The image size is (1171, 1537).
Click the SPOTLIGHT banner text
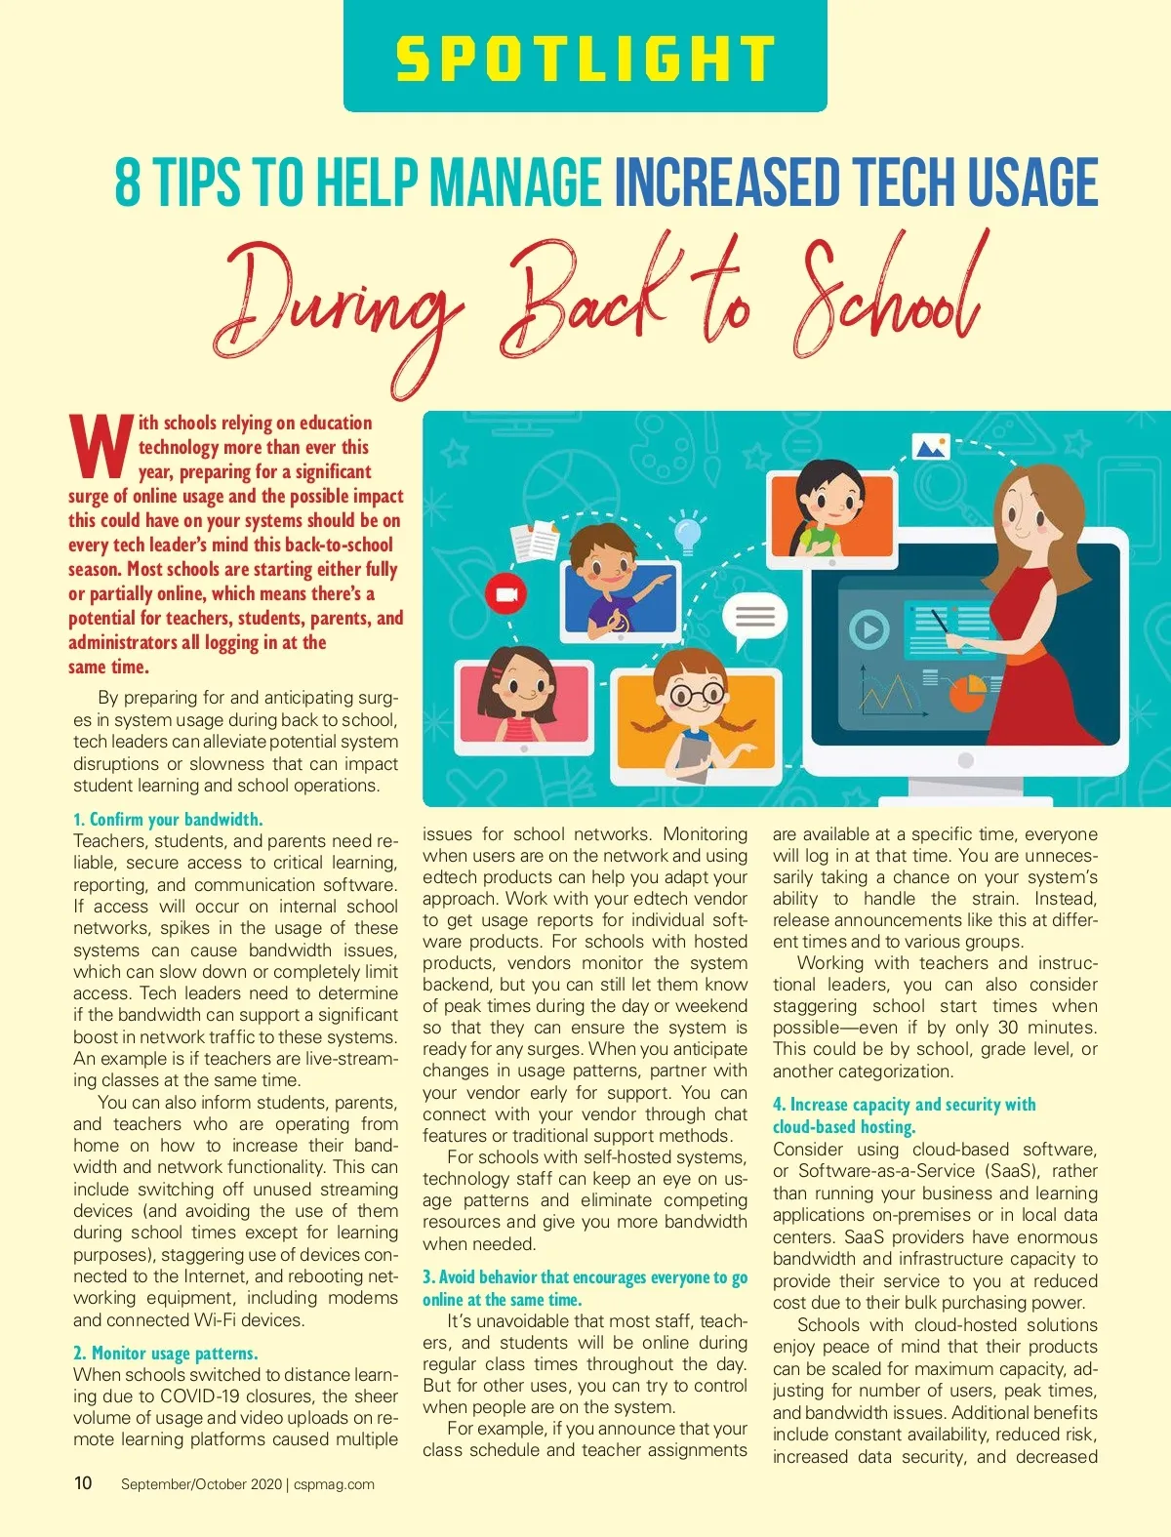(585, 59)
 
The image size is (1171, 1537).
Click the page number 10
(83, 1483)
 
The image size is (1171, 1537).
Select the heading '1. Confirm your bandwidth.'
(168, 820)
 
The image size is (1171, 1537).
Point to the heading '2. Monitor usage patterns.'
(165, 1354)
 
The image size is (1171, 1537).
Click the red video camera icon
(505, 594)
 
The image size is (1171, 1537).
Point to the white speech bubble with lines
(754, 618)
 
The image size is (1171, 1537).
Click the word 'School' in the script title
(888, 298)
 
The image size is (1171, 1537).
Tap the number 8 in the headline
(128, 182)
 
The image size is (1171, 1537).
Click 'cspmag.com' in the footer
(334, 1484)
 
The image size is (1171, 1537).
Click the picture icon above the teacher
(930, 448)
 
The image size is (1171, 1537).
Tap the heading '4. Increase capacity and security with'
(904, 1105)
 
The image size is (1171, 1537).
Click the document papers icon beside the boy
(536, 542)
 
